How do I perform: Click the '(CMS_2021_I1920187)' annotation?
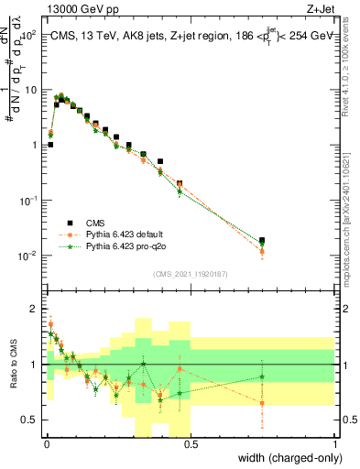190,274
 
